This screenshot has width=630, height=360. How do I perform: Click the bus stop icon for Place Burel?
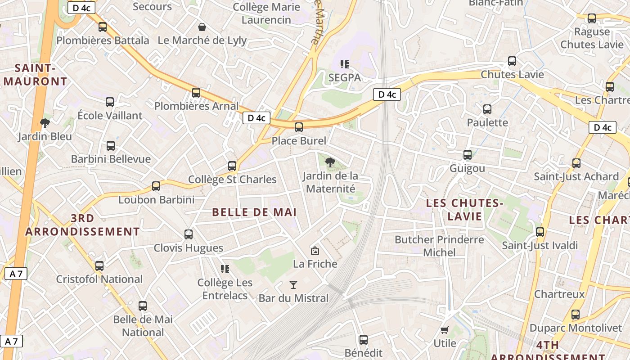point(299,127)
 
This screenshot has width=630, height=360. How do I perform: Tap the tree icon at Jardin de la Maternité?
point(330,162)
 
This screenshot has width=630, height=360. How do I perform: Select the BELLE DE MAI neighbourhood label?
point(254,212)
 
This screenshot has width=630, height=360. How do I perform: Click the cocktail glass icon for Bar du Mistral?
point(293,284)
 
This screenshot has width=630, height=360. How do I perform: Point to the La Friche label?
point(315,264)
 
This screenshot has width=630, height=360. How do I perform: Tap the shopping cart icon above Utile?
point(445,330)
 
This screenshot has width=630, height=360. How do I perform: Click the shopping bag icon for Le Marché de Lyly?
point(202,27)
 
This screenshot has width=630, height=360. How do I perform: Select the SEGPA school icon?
point(345,64)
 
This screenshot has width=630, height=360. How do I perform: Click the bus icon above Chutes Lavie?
point(512,61)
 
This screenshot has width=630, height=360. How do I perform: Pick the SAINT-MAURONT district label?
point(35,75)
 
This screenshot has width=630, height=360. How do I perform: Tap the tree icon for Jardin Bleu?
point(45,123)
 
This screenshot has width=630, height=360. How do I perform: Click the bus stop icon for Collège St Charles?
point(232,166)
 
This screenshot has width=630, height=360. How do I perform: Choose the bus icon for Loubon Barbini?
point(156,186)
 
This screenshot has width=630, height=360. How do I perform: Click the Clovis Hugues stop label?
point(189,248)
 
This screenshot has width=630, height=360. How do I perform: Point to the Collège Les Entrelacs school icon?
point(225,269)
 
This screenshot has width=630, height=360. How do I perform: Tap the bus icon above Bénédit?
point(364,340)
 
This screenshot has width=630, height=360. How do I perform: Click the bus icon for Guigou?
point(468,155)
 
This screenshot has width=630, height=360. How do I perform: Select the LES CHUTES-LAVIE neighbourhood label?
point(465,210)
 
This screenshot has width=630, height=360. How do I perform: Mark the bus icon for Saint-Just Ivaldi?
point(540,232)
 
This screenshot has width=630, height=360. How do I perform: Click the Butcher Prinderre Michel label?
point(439,246)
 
